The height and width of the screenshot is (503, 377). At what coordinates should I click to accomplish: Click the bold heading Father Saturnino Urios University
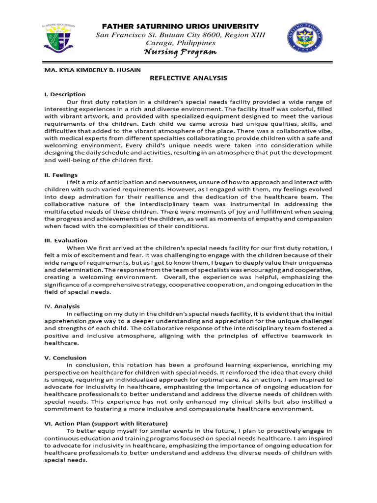pos(180,26)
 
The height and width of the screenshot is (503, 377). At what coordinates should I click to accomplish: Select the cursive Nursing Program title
pos(180,53)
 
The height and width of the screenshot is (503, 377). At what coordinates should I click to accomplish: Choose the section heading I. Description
pos(65,94)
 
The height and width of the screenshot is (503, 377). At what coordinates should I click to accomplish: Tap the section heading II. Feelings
pos(61,174)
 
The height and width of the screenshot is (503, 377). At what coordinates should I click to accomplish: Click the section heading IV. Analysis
pos(62,306)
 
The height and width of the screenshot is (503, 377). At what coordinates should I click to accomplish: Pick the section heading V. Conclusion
pos(65,358)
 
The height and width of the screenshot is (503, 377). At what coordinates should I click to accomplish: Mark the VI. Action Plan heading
pos(106,423)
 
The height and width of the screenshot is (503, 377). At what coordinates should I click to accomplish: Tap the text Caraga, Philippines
pos(180,43)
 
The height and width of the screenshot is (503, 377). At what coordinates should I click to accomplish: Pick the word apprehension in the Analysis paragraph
pos(64,321)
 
